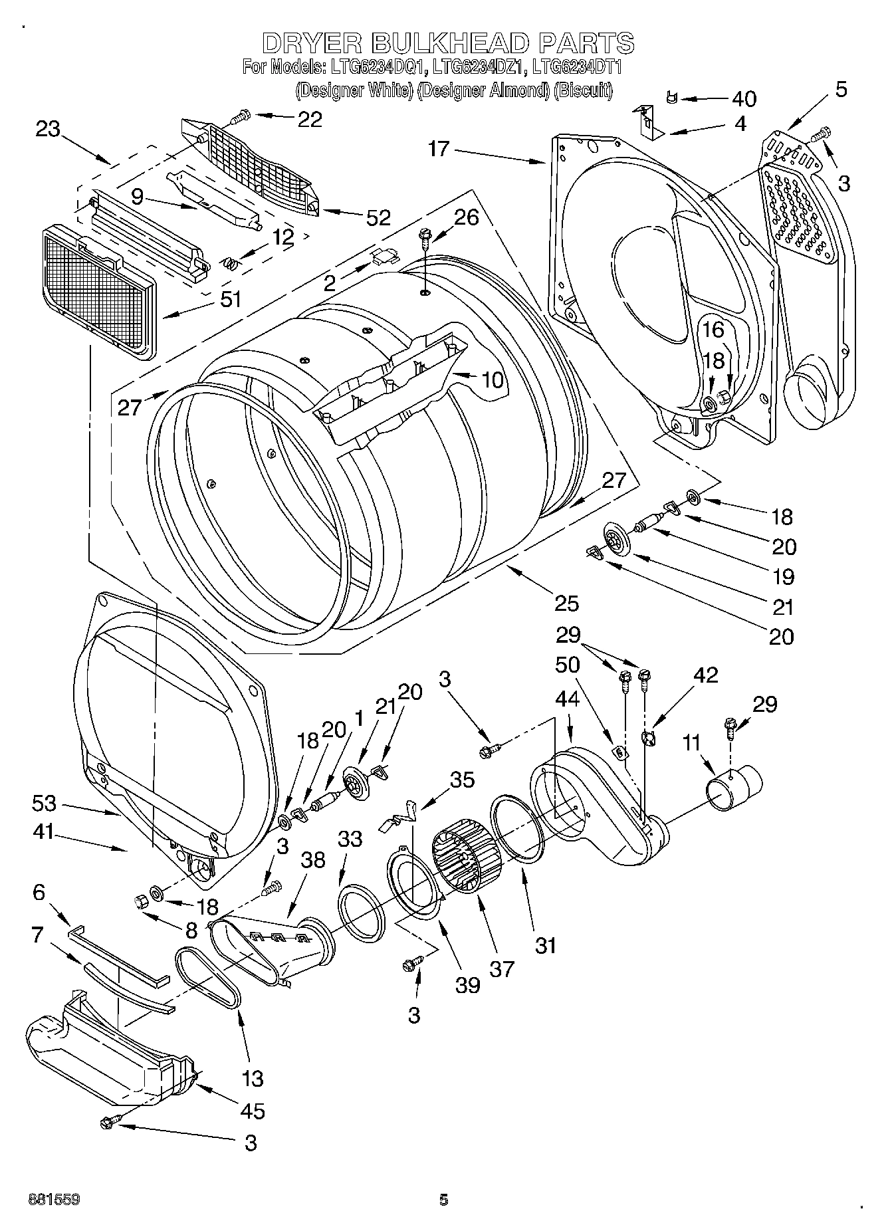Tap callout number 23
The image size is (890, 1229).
48,128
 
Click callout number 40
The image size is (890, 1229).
744,99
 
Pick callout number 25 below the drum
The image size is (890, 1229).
566,603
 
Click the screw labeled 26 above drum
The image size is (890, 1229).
424,236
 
